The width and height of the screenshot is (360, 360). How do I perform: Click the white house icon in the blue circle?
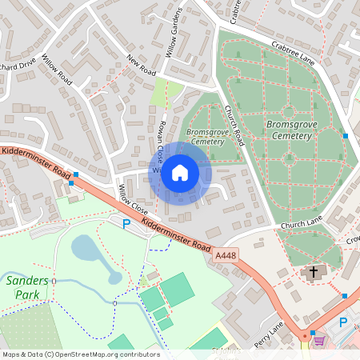(x=180, y=173)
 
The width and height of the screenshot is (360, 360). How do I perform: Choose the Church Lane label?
(x=301, y=225)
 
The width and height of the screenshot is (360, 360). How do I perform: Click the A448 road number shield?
(x=225, y=254)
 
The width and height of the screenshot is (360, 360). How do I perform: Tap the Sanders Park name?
(x=26, y=288)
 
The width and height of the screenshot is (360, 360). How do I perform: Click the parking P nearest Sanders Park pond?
(x=125, y=223)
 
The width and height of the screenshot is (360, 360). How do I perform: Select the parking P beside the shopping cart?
(x=344, y=322)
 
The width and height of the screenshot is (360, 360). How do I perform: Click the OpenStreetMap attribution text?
(x=80, y=354)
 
